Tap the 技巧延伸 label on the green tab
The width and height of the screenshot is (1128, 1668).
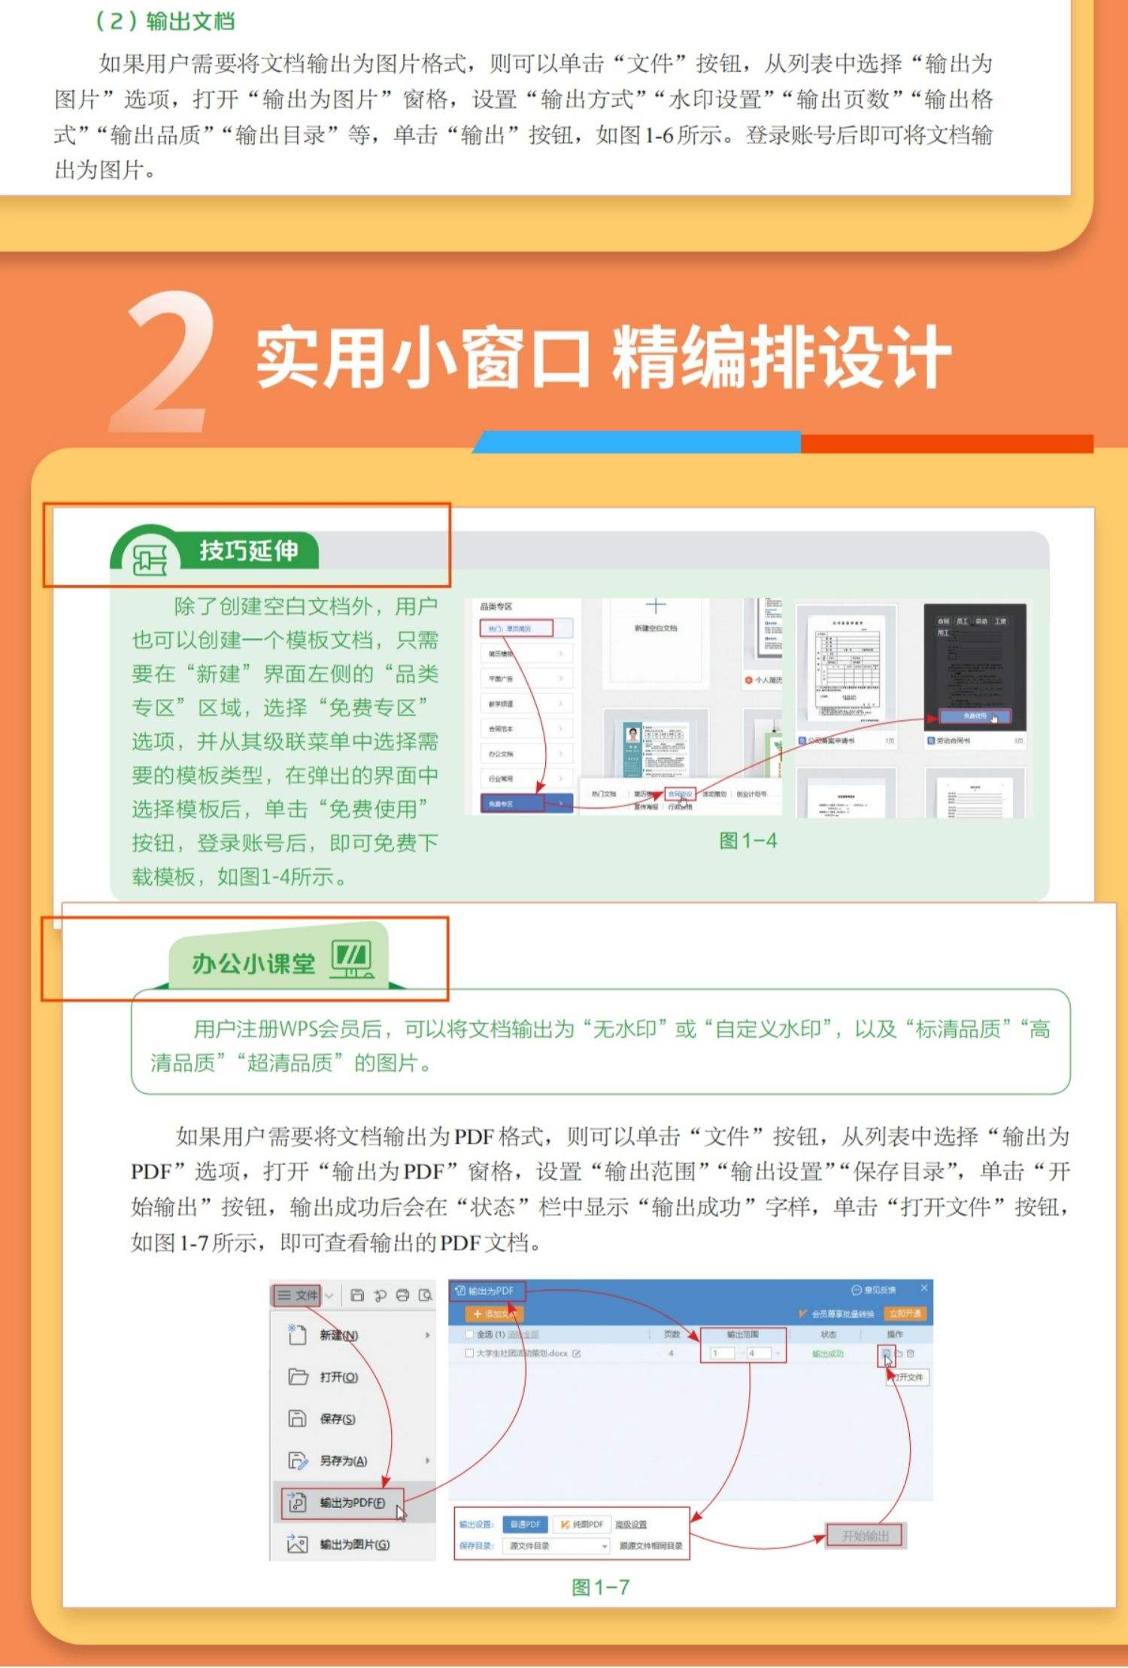[x=248, y=550]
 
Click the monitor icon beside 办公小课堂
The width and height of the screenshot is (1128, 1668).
[x=351, y=959]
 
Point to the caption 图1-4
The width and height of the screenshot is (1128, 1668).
[x=747, y=840]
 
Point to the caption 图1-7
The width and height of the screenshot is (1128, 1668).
[x=599, y=1587]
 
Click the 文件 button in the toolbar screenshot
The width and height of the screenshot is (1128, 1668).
[x=298, y=1294]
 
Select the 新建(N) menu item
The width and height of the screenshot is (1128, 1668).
[x=338, y=1335]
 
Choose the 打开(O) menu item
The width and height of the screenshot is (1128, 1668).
[x=338, y=1376]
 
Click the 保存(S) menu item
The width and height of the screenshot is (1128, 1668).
[x=337, y=1418]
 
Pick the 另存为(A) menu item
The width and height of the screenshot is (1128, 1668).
[x=343, y=1460]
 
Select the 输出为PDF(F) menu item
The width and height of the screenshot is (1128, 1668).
[x=351, y=1502]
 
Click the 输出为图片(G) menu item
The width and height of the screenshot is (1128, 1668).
[x=353, y=1544]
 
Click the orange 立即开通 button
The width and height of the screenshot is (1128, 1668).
[x=905, y=1313]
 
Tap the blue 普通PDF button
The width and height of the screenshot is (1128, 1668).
[x=525, y=1524]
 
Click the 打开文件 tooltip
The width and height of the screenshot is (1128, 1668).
[x=909, y=1377]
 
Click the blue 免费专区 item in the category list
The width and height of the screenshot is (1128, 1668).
[x=511, y=804]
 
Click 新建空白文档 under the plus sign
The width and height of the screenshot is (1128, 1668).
[x=656, y=628]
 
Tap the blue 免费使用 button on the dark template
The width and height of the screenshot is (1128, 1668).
[x=975, y=716]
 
